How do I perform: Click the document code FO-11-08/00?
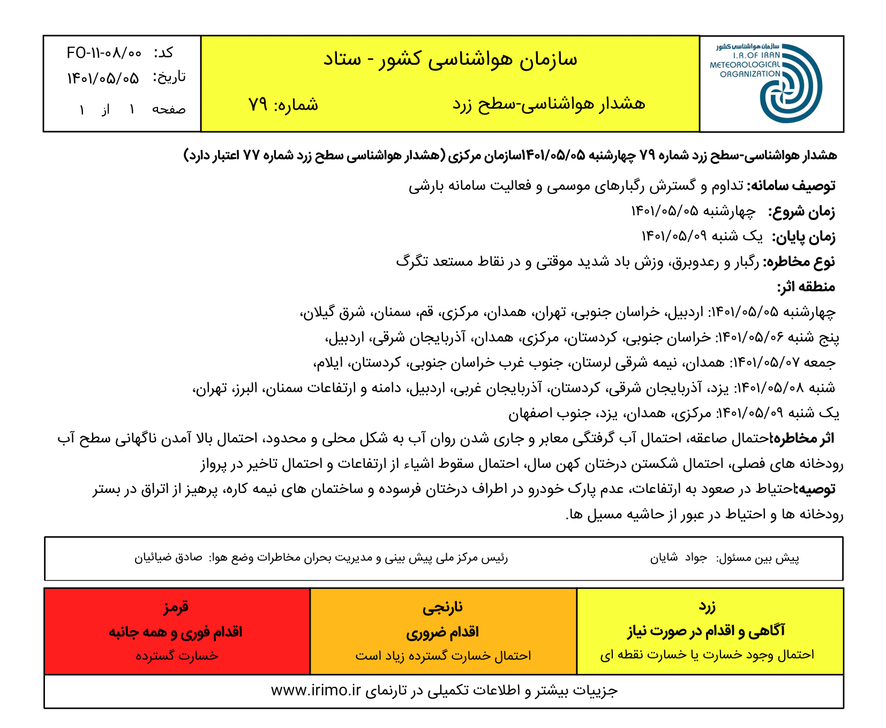(x=104, y=52)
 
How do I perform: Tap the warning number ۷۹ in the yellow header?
(x=258, y=104)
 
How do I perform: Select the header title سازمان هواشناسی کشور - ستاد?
(x=450, y=59)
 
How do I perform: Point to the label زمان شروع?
(x=801, y=211)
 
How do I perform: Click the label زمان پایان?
(x=804, y=237)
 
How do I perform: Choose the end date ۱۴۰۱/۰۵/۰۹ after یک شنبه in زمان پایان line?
(x=674, y=236)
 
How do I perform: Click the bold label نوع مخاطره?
(x=799, y=262)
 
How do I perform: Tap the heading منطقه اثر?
(x=806, y=287)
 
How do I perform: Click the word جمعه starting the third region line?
(x=819, y=362)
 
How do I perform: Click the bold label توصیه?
(x=817, y=489)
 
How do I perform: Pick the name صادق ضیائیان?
(x=168, y=558)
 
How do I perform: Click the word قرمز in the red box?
(x=176, y=607)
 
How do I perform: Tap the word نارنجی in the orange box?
(x=442, y=607)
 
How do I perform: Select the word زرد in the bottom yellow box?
(x=707, y=606)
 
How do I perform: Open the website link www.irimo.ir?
(x=316, y=691)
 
